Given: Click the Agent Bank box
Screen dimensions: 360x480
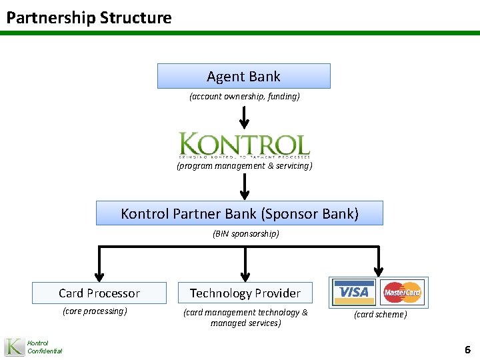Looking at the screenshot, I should pos(243,76).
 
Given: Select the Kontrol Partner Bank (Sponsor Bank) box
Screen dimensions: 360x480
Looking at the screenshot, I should pos(239,213).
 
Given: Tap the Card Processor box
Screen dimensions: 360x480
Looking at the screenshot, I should pos(99,293).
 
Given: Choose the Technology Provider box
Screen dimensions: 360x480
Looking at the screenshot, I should pos(245,293).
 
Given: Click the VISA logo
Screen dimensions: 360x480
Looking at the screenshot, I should pos(353,292).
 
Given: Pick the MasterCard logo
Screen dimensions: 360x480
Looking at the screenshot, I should pos(402,292).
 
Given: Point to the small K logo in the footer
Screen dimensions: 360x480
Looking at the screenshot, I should pos(14,347).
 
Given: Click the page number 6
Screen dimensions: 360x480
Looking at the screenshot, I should pos(467,349).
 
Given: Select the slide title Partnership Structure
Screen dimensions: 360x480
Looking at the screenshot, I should pos(89,17).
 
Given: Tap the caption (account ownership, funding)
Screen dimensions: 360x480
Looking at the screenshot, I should pos(244,97).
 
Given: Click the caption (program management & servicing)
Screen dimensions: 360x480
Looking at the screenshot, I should pos(244,165).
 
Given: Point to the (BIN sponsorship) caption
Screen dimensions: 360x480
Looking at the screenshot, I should pos(245,234).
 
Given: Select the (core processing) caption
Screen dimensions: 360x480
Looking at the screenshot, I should pos(95,311).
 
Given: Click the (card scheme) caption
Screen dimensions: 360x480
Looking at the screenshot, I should pos(380,314).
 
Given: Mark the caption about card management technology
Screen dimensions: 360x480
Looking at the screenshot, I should pos(245,317).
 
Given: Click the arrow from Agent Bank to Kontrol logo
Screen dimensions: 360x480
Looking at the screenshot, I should pos(244,117).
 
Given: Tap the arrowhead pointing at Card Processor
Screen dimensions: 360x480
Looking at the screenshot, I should pos(99,274).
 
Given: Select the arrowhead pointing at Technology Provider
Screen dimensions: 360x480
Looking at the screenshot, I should pos(245,274).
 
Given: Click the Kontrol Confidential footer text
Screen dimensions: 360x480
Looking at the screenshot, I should pos(44,347).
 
